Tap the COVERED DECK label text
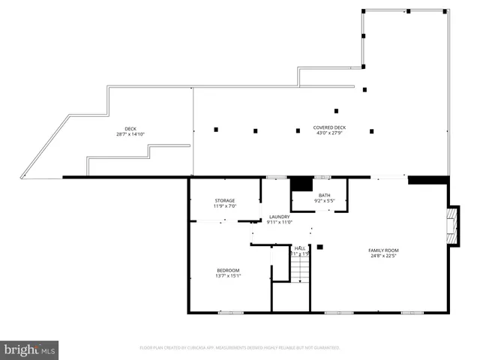pyautogui.click(x=329, y=128)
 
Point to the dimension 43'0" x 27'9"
pyautogui.click(x=329, y=134)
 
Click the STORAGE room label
pyautogui.click(x=225, y=200)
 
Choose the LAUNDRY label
pyautogui.click(x=279, y=216)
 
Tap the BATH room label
pyautogui.click(x=324, y=195)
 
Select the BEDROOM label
pyautogui.click(x=228, y=270)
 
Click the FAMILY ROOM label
pyautogui.click(x=382, y=250)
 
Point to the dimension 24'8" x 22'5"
pyautogui.click(x=382, y=256)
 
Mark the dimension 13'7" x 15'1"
pyautogui.click(x=228, y=276)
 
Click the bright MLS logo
pyautogui.click(x=29, y=349)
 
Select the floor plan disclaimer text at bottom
pyautogui.click(x=239, y=348)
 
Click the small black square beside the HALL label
pyautogui.click(x=319, y=246)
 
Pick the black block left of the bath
pyautogui.click(x=301, y=184)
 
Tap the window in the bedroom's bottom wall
pyautogui.click(x=230, y=311)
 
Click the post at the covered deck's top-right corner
pyautogui.click(x=448, y=11)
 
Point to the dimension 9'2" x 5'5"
pyautogui.click(x=324, y=201)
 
